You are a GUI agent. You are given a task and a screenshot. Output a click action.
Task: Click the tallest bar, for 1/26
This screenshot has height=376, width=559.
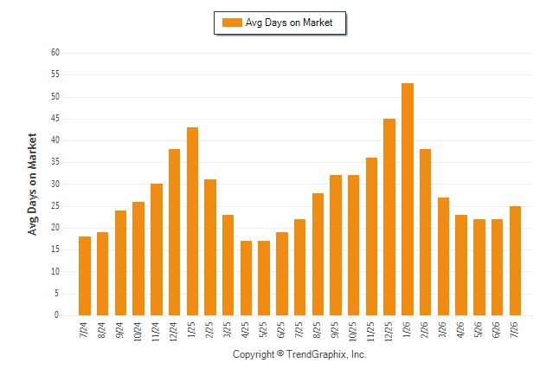[x=408, y=199]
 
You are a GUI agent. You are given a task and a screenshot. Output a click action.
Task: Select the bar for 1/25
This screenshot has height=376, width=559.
[x=192, y=222]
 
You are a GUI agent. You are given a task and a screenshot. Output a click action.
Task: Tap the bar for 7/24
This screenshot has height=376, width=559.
[x=85, y=276]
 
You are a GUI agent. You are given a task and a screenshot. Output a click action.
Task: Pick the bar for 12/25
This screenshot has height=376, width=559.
[x=389, y=217]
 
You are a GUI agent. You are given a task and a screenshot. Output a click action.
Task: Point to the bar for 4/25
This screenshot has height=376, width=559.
[x=246, y=278]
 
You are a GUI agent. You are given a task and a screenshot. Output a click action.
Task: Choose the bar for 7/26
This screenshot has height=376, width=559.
[x=515, y=261]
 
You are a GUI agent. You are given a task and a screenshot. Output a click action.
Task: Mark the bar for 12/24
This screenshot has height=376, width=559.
[x=174, y=232]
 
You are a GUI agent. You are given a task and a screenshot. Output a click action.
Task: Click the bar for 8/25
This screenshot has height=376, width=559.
[x=318, y=254]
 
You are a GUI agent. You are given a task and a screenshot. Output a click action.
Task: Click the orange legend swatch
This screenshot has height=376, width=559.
[x=232, y=23]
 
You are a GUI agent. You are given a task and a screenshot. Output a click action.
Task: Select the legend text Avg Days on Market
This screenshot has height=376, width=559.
[x=289, y=23]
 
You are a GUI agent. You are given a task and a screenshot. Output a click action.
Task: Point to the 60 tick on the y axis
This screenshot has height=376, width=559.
[x=55, y=53]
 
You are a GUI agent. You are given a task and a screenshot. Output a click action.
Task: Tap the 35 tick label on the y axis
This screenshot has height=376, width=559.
[x=55, y=162]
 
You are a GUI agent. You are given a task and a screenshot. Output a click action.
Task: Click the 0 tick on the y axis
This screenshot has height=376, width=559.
[x=57, y=315]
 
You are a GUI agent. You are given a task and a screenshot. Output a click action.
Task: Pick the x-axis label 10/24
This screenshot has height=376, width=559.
[x=138, y=332]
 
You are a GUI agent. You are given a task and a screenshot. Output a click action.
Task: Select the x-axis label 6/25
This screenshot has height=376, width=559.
[x=281, y=329]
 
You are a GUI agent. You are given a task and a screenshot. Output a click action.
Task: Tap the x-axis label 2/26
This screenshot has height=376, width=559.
[x=425, y=329]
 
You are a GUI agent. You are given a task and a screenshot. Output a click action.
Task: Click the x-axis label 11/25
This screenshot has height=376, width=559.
[x=370, y=332]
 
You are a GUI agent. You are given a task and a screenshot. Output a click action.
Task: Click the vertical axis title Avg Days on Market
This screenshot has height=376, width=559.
[x=32, y=185]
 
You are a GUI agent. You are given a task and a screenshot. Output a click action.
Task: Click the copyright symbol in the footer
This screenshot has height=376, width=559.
[x=280, y=353]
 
